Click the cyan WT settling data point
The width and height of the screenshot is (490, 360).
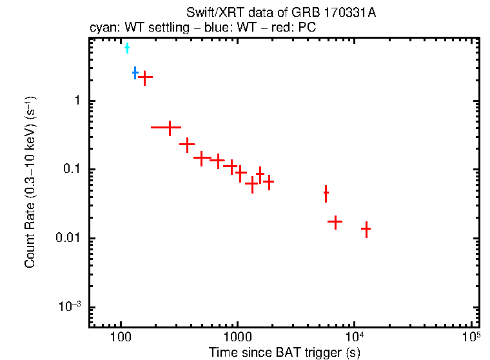pyautogui.click(x=127, y=48)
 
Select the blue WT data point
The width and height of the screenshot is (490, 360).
pyautogui.click(x=135, y=73)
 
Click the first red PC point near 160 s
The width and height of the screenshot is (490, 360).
pyautogui.click(x=145, y=77)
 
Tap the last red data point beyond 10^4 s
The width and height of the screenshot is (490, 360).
pyautogui.click(x=366, y=228)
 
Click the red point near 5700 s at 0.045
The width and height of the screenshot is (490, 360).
pyautogui.click(x=326, y=193)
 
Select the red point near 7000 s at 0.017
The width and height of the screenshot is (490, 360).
pyautogui.click(x=335, y=221)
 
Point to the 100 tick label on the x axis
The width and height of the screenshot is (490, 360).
pyautogui.click(x=121, y=338)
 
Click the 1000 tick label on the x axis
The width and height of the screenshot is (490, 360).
pyautogui.click(x=237, y=338)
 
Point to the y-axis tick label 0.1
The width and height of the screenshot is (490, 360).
pyautogui.click(x=72, y=170)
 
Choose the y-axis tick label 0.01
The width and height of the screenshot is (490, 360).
pyautogui.click(x=68, y=239)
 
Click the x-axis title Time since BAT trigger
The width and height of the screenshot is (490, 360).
pyautogui.click(x=284, y=352)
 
